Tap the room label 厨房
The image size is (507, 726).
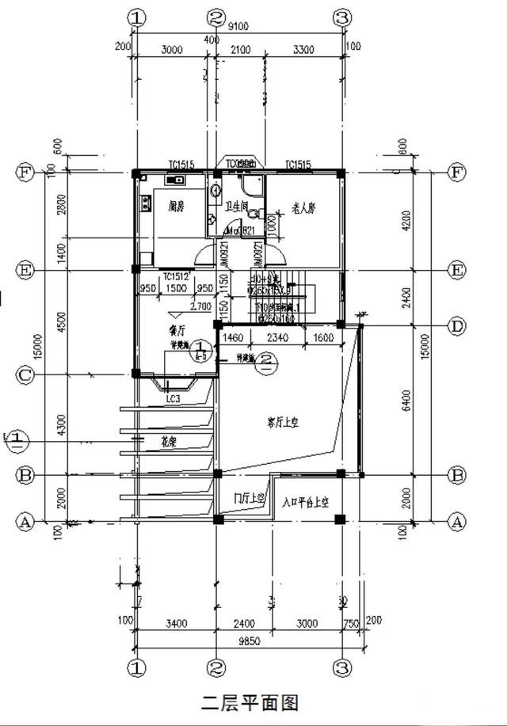pyautogui.click(x=177, y=207)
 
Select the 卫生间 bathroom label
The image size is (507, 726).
pyautogui.click(x=237, y=207)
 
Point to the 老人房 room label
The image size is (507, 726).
pyautogui.click(x=303, y=208)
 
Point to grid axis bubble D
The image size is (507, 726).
pyautogui.click(x=457, y=326)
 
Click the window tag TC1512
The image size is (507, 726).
pyautogui.click(x=176, y=276)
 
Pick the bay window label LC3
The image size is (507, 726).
pyautogui.click(x=173, y=399)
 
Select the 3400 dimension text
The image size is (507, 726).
pyautogui.click(x=176, y=624)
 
